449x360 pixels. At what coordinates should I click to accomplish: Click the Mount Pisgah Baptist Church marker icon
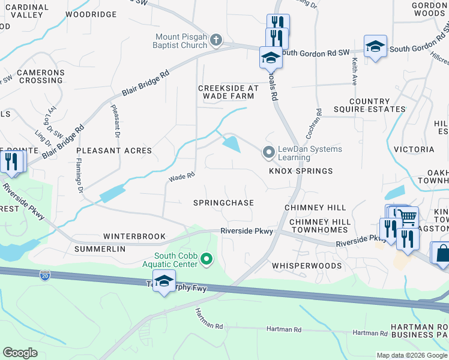tap(216, 41)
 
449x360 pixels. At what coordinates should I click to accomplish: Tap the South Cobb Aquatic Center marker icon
tap(207, 259)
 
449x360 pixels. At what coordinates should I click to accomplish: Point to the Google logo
tap(20, 352)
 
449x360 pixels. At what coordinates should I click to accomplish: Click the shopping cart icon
tap(408, 216)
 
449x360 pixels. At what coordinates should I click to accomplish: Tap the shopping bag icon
tap(442, 253)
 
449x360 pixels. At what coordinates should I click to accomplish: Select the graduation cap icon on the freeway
tap(164, 281)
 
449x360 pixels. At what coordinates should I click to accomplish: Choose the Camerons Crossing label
tap(40, 76)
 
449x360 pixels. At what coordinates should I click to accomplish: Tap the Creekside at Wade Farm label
tap(228, 92)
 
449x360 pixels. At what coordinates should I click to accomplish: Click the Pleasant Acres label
tap(114, 151)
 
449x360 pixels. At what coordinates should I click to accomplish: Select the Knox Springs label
tap(301, 171)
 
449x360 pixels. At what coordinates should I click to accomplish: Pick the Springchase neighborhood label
tap(223, 203)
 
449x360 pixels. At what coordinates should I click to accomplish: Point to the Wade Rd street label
tap(182, 177)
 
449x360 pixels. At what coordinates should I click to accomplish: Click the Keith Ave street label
tap(355, 70)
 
